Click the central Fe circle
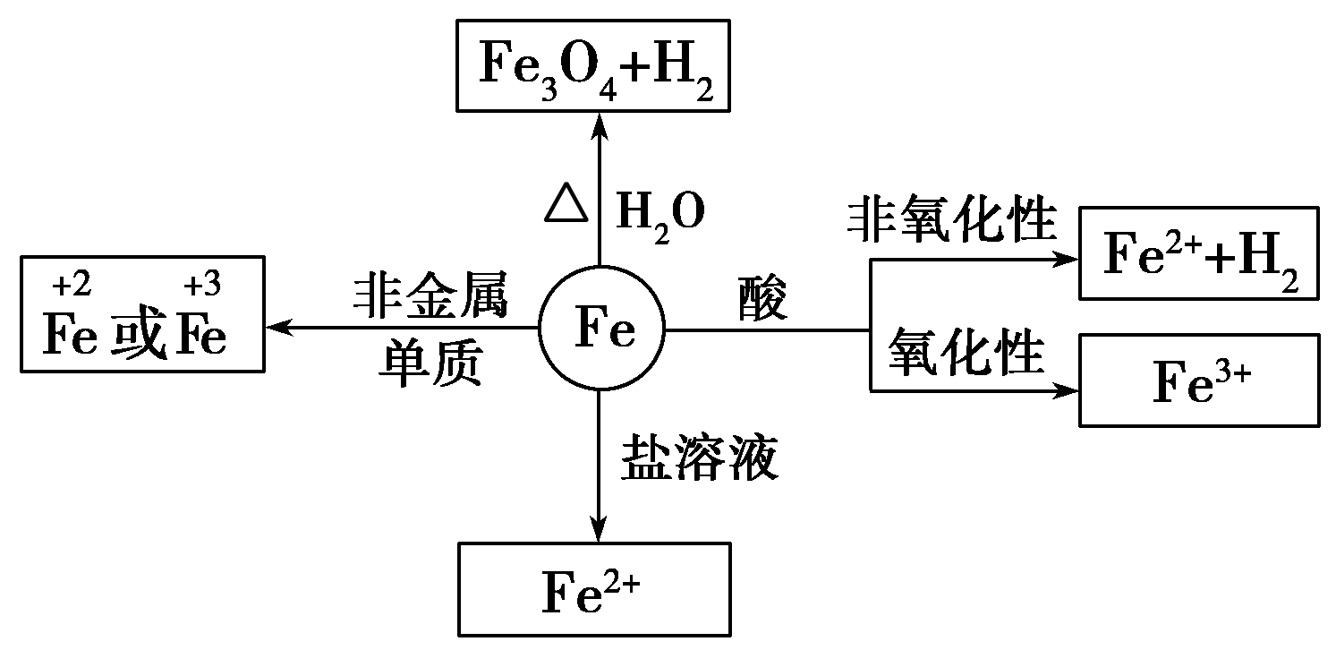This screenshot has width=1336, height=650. pyautogui.click(x=601, y=329)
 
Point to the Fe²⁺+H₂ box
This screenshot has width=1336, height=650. pyautogui.click(x=1199, y=253)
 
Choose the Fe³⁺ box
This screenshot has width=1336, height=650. pyautogui.click(x=1199, y=380)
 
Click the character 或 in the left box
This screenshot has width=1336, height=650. pyautogui.click(x=139, y=338)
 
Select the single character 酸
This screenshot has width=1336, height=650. pyautogui.click(x=763, y=298)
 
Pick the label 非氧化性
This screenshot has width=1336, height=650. pyautogui.click(x=952, y=220)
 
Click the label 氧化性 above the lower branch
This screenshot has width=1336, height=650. pyautogui.click(x=966, y=352)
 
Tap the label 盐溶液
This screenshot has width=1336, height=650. pyautogui.click(x=699, y=458)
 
